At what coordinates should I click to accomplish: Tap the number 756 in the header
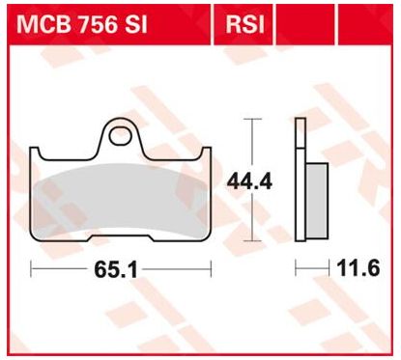[x=97, y=24]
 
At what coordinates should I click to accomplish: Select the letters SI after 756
[x=135, y=24]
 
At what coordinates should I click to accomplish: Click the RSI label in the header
[x=244, y=24]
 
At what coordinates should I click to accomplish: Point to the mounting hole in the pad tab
[x=120, y=137]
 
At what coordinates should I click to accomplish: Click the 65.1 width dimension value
[x=116, y=269]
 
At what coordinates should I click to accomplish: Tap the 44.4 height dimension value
[x=249, y=182]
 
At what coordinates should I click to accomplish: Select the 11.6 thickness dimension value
[x=358, y=268]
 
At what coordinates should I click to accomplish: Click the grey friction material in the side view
[x=317, y=201]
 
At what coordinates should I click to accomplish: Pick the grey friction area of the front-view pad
[x=121, y=201]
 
